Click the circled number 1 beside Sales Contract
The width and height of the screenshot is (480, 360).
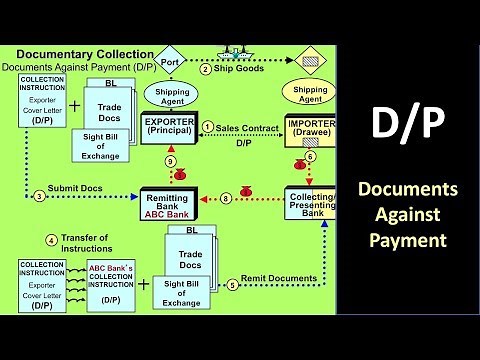[x=208, y=127]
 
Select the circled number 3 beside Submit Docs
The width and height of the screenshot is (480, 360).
[x=39, y=196]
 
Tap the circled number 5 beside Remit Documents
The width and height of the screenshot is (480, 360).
[x=232, y=283]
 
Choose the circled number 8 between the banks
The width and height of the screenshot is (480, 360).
[x=226, y=199]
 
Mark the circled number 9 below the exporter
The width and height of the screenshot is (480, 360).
[x=171, y=163]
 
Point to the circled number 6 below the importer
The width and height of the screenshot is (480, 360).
[x=310, y=157]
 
